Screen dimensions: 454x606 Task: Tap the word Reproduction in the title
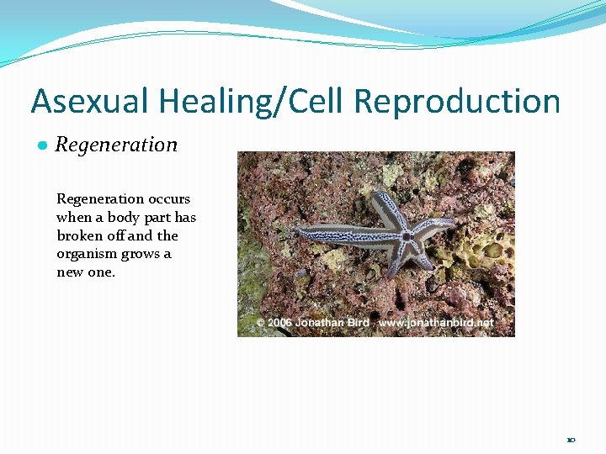coord(457,102)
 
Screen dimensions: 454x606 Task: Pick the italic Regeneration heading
coord(116,145)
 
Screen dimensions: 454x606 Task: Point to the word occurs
coord(169,199)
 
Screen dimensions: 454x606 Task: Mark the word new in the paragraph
coord(71,272)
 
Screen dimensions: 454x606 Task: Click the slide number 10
coord(571,440)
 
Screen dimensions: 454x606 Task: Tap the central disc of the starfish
coord(407,237)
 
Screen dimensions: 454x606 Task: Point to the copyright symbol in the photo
coord(261,323)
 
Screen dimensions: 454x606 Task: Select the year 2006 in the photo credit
coord(280,323)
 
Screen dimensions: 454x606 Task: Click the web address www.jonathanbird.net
coord(436,323)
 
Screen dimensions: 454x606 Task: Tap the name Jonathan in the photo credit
coord(321,323)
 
